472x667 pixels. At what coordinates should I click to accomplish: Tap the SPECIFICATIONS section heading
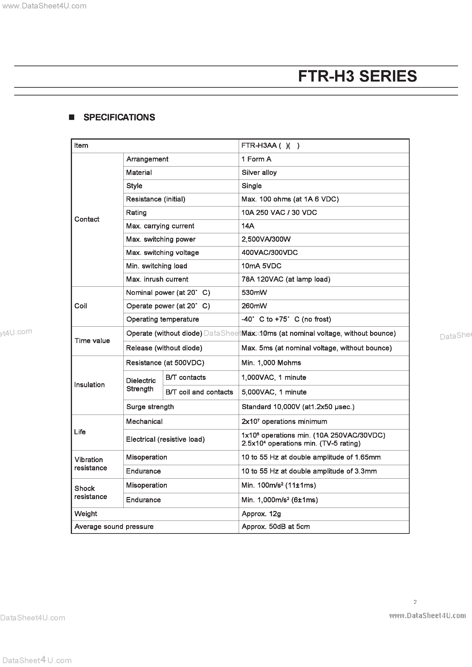tap(119, 117)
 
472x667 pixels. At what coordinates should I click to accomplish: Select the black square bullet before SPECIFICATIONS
tap(72, 117)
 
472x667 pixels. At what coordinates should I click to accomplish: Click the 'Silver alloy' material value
tap(259, 172)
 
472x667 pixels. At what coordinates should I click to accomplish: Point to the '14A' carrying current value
tap(248, 226)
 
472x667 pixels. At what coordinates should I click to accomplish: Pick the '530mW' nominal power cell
tap(254, 293)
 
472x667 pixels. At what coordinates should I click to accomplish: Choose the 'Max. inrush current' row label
tap(157, 279)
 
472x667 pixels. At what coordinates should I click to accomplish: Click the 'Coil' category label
tap(80, 306)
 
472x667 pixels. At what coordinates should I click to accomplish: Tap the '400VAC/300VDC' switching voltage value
tap(269, 253)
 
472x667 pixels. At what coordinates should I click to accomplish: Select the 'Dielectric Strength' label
tap(141, 385)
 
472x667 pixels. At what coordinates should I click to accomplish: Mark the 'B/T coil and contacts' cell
tap(199, 392)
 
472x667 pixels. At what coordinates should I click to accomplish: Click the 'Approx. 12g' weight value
tap(261, 514)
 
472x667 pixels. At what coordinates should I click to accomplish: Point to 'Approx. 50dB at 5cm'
tap(276, 527)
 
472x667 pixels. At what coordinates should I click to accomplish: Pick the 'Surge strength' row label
tap(150, 407)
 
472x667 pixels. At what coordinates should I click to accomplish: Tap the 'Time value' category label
tap(92, 341)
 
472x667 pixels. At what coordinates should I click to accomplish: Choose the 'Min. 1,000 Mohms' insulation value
tap(271, 363)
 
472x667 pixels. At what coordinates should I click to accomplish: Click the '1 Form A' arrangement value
tap(256, 159)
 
